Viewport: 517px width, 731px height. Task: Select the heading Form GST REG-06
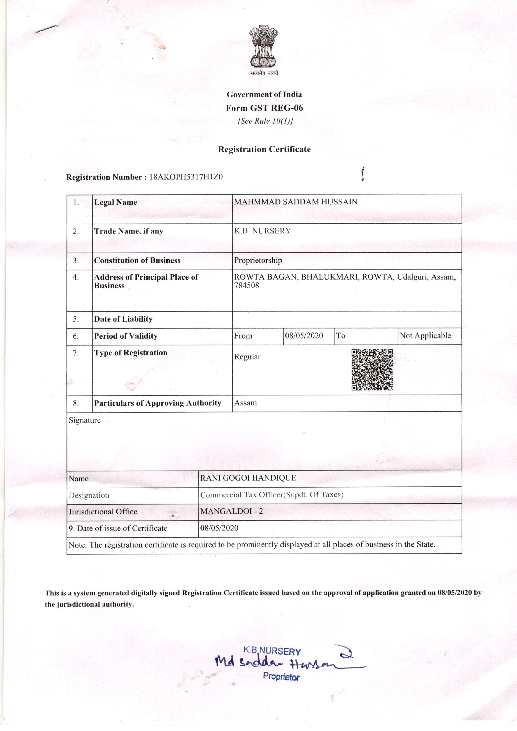click(x=264, y=108)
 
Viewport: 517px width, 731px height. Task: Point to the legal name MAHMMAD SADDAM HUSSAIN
click(x=296, y=202)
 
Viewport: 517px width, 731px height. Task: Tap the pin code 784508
click(x=247, y=286)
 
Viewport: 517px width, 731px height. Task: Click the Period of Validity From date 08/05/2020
click(x=304, y=336)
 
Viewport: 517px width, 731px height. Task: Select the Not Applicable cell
click(x=425, y=336)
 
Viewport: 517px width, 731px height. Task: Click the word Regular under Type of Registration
click(x=247, y=357)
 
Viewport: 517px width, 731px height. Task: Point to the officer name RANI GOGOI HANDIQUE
click(x=248, y=478)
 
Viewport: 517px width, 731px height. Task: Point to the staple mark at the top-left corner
click(x=46, y=30)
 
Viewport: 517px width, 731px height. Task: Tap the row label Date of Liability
click(x=123, y=319)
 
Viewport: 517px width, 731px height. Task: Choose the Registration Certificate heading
click(x=264, y=149)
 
